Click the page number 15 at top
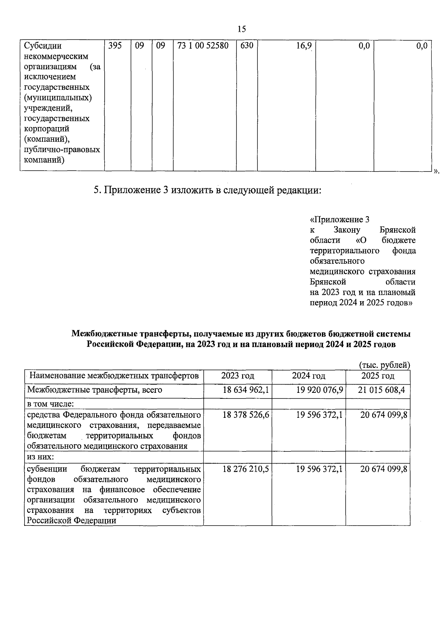coord(241,29)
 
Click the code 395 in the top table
coord(115,46)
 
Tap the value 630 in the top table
coord(247,46)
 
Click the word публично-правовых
coord(62,150)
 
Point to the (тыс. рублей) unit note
coord(384,365)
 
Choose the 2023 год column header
coord(238,376)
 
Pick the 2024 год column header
coord(308,376)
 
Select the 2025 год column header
coord(378,376)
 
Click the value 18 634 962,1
coord(245,390)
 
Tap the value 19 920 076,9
coord(319,390)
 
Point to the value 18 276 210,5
coord(245,469)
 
